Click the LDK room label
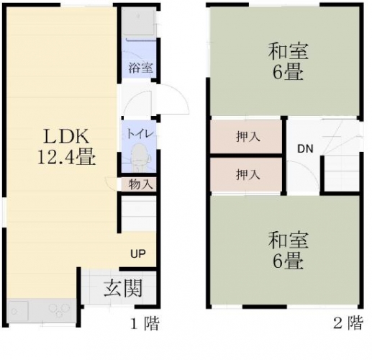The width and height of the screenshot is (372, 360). tap(66, 137)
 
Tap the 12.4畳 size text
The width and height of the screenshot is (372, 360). tap(66, 157)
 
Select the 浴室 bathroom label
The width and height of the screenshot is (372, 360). tap(140, 68)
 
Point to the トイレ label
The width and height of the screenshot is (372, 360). tap(140, 134)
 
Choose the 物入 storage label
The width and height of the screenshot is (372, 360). tap(140, 184)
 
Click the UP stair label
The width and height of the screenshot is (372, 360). tap(138, 253)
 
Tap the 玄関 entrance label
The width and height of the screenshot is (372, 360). tap(123, 288)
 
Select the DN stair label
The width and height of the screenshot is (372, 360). tap(305, 149)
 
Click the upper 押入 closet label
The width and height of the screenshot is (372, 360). tap(248, 137)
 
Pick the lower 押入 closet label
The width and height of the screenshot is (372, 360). tap(248, 174)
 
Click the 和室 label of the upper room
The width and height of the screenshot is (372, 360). tap(288, 51)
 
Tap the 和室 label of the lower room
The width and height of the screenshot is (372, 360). tap(288, 240)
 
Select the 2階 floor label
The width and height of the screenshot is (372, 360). tap(348, 323)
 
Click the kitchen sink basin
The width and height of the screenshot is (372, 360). tap(18, 311)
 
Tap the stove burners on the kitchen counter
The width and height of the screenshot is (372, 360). tap(59, 310)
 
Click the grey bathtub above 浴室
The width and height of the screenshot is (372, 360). tap(139, 22)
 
